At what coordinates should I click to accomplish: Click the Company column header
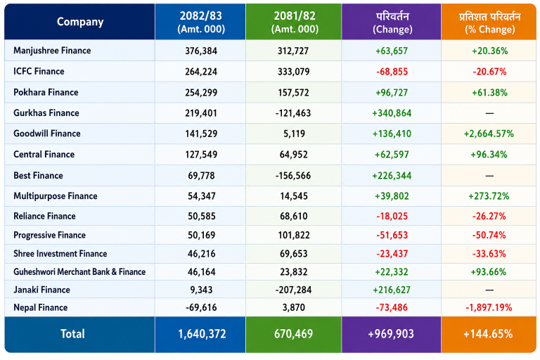coord(80,22)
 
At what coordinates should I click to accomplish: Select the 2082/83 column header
coord(201,22)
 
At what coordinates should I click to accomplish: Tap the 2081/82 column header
coord(295,22)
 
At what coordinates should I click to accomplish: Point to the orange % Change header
coord(489,22)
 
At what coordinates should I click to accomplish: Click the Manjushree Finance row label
coord(52,51)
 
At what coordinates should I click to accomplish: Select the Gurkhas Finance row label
coord(46,113)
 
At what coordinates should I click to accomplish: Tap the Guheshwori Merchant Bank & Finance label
coord(79,272)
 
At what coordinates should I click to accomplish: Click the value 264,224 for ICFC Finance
coord(201,72)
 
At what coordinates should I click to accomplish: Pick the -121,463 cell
coord(293,113)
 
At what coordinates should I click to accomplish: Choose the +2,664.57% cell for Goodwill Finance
coord(489,134)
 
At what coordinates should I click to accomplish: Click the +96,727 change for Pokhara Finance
coord(392,93)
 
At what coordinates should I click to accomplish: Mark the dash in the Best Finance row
coord(489,176)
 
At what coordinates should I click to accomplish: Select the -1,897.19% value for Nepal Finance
coord(489,307)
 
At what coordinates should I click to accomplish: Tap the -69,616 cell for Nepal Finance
coord(201,307)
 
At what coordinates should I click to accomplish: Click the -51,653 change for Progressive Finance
coord(392,235)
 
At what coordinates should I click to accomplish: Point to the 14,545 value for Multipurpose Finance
coord(294,196)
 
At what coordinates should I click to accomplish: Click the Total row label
coord(72,334)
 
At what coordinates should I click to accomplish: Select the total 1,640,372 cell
coord(202,334)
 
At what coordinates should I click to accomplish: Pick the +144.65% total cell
coord(488,334)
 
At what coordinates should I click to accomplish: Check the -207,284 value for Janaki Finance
coord(293,290)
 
